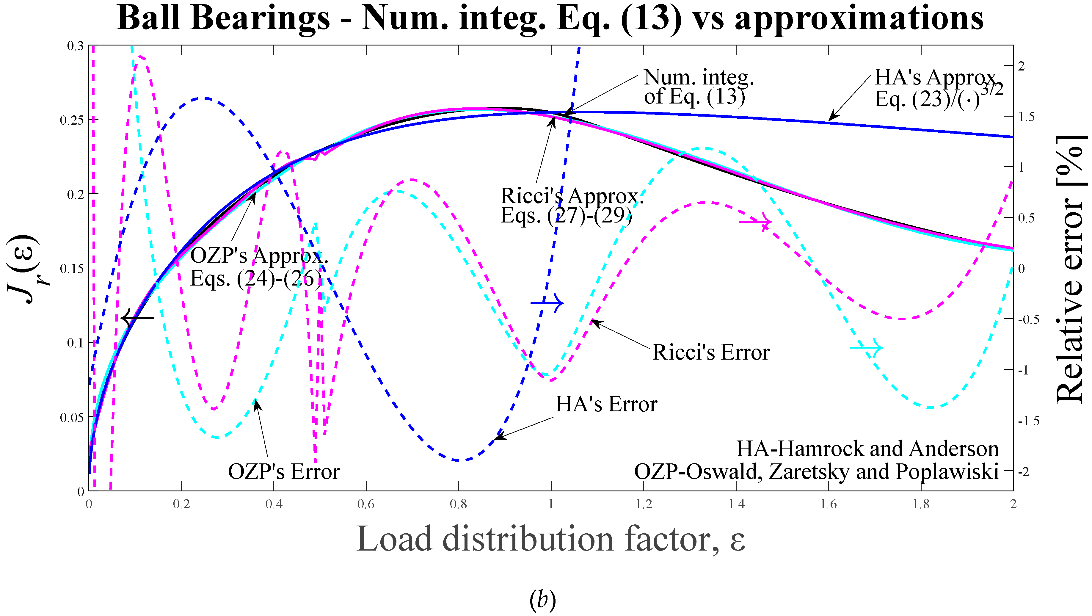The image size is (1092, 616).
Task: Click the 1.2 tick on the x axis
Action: [644, 504]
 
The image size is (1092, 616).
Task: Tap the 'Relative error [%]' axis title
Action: [1070, 269]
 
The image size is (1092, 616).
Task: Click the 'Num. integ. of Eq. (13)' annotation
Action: [698, 87]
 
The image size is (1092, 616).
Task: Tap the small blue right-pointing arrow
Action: [547, 303]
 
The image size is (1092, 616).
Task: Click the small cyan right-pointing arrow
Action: [866, 348]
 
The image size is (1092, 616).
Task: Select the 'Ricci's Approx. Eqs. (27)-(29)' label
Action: [572, 206]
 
